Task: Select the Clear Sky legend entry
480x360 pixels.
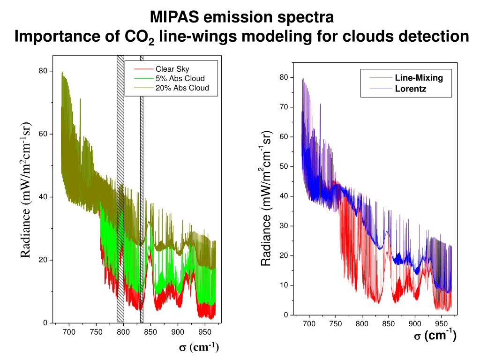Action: (x=172, y=69)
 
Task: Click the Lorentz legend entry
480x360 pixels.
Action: (x=411, y=88)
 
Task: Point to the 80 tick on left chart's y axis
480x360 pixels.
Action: (x=44, y=71)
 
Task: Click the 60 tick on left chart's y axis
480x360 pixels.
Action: (x=44, y=134)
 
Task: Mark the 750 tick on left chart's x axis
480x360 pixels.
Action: (x=96, y=332)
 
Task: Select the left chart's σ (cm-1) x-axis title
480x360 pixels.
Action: (x=197, y=347)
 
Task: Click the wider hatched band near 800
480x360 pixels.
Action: (x=120, y=187)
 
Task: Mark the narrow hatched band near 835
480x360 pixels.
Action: (x=142, y=187)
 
